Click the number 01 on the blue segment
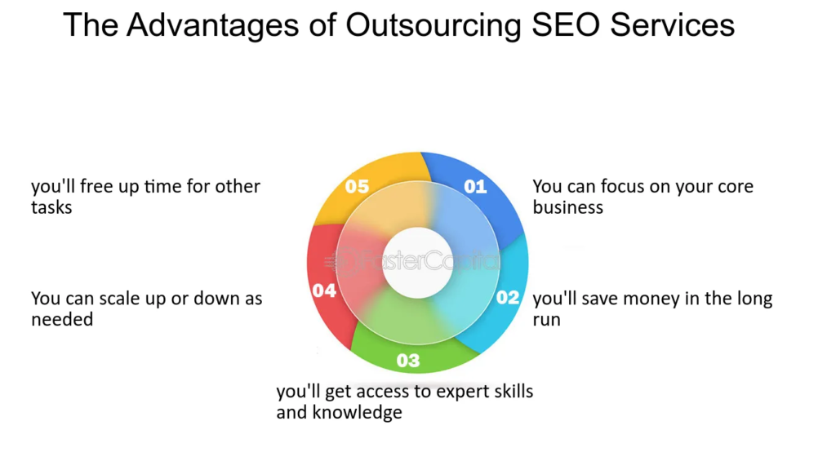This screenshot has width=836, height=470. click(x=475, y=187)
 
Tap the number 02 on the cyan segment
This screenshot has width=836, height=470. click(x=508, y=297)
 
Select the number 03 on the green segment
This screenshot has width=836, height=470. click(x=408, y=360)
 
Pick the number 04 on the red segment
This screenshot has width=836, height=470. click(x=324, y=290)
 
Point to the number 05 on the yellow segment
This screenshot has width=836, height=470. click(x=357, y=187)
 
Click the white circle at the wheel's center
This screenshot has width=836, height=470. click(x=417, y=264)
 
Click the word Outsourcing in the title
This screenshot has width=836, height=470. click(x=433, y=25)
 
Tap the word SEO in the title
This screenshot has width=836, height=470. click(x=567, y=25)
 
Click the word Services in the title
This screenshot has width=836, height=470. click(x=679, y=25)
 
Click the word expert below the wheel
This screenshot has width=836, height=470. click(x=462, y=392)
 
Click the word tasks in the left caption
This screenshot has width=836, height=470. click(x=51, y=207)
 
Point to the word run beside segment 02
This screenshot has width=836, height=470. click(x=547, y=319)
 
